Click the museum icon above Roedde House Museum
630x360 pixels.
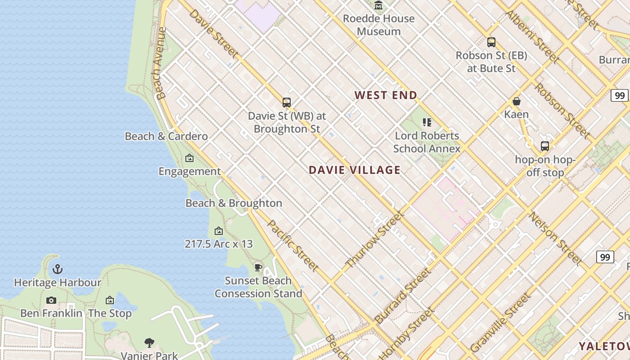pos(378,5)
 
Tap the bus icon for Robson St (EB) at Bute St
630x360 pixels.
pos(491,42)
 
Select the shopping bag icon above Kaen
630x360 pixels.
pos(517,101)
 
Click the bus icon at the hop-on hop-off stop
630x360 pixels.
pos(545,146)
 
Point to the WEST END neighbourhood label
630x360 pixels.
pos(386,95)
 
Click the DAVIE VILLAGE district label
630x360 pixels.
pos(355,170)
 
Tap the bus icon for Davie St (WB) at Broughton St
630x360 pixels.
pos(287,103)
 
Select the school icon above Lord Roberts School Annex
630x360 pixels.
pos(427,122)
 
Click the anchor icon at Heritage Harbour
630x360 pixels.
pos(58,269)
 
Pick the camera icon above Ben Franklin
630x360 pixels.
pos(51,300)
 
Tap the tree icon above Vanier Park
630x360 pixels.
pos(149,343)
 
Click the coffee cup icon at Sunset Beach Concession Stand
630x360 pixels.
pos(258,267)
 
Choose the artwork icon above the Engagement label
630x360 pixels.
pos(189,158)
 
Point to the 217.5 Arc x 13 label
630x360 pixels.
pos(219,244)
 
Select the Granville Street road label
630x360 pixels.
pos(500,323)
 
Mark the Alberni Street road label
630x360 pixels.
pos(532,37)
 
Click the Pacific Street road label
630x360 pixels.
pos(293,246)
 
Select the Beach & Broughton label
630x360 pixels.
pos(234,203)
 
